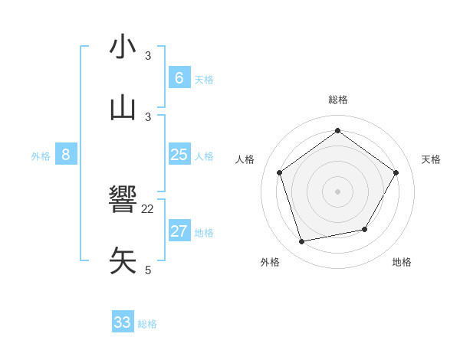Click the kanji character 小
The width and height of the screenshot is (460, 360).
tap(123, 48)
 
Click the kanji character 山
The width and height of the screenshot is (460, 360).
tap(123, 108)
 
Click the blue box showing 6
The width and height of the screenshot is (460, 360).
tap(179, 78)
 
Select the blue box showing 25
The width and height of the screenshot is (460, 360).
tap(179, 155)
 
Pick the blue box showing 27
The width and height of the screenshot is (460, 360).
tap(179, 231)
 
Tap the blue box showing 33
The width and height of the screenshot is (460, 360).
tap(123, 322)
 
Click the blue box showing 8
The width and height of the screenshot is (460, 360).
tap(66, 155)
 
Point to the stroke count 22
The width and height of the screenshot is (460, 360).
tap(148, 208)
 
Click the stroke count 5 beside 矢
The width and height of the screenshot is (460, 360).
tap(148, 270)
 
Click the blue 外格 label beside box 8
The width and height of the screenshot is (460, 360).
tap(41, 155)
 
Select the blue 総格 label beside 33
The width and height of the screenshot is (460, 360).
tap(147, 323)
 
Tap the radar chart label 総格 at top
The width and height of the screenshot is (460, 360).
tap(338, 100)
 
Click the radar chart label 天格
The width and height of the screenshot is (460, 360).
tap(431, 159)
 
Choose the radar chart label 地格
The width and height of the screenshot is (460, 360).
tap(402, 262)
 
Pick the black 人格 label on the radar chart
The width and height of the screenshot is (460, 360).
tap(245, 159)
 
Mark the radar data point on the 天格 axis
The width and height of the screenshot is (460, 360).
tap(396, 172)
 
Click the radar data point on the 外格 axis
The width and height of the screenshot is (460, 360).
tap(302, 242)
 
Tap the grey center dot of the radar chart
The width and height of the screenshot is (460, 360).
tap(338, 191)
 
